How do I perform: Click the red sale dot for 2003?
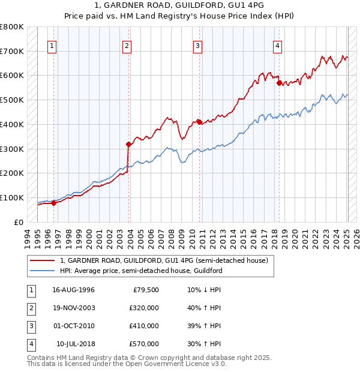128,144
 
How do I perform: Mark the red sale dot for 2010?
199,122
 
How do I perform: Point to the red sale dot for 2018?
279,83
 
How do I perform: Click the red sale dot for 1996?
53,203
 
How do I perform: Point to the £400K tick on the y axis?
12,124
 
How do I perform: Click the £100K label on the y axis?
12,197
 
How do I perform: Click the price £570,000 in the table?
143,344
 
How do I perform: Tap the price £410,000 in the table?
143,326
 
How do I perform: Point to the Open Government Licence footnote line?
127,364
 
